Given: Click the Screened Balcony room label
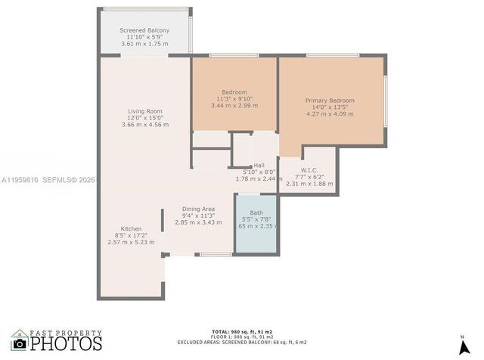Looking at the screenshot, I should [144, 30].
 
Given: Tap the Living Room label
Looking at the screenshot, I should [144, 111].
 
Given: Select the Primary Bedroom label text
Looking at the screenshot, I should [330, 101].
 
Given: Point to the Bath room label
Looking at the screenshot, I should [256, 213].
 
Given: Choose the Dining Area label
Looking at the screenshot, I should [198, 209].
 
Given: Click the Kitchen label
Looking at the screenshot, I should [131, 228].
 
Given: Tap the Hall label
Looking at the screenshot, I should [259, 165].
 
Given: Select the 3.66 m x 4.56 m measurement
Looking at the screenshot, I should [144, 125].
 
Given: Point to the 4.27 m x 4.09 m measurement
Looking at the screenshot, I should [330, 114].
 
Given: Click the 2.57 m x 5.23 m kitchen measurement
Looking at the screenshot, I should [131, 242].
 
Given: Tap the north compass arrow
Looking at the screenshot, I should [462, 346].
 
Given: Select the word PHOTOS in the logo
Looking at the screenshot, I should [66, 344].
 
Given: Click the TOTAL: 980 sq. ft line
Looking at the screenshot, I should [241, 332].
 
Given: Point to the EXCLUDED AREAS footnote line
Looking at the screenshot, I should [241, 343].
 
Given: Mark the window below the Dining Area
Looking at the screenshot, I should [216, 255].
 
